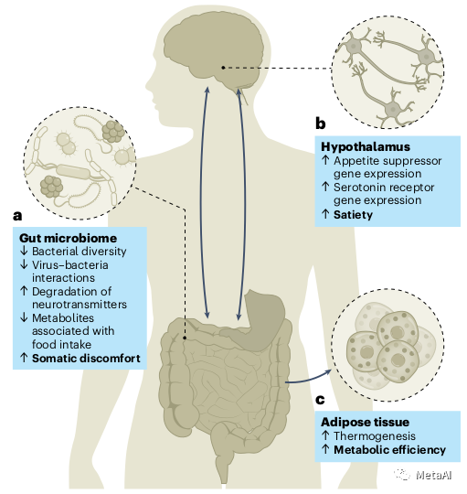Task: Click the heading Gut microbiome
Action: [68, 238]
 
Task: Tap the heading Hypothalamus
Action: [366, 146]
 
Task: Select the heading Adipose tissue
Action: [365, 422]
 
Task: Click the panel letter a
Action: [17, 216]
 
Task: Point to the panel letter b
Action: [321, 123]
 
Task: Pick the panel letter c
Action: [320, 400]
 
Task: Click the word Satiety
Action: [353, 215]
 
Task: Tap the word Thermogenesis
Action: [375, 436]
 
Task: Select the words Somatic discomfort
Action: [86, 359]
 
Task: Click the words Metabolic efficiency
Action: [389, 450]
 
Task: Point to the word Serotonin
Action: [357, 188]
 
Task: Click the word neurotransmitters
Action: [80, 305]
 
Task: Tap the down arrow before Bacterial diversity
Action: [24, 251]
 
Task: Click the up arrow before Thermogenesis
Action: [325, 436]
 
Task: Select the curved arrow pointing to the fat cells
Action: [308, 379]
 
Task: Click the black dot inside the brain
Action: [223, 68]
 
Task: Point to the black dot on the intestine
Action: [185, 338]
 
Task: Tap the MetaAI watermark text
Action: [433, 475]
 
